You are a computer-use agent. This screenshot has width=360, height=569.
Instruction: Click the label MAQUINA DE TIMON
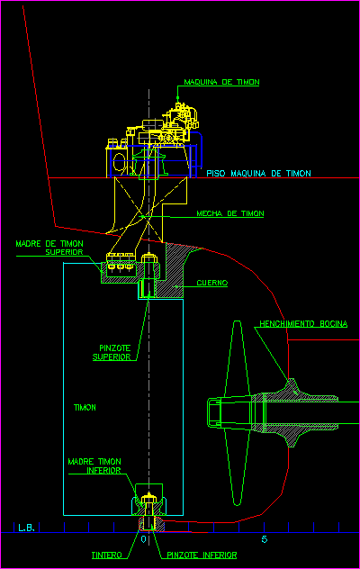click(221, 82)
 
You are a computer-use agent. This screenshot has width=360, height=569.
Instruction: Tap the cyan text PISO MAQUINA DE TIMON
click(259, 174)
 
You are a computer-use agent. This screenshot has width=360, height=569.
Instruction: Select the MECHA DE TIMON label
click(230, 213)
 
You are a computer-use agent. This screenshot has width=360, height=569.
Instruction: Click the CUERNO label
click(211, 283)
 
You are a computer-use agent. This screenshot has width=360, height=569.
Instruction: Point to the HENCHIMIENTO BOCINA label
click(303, 324)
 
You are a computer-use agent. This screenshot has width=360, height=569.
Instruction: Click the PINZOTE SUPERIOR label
click(112, 352)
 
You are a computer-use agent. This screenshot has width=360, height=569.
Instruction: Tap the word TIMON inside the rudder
click(85, 408)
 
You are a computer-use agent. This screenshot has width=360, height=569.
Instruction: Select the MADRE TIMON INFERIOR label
click(94, 466)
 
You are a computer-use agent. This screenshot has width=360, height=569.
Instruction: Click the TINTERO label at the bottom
click(107, 555)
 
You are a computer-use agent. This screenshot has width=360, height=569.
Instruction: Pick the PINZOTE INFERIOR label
click(202, 555)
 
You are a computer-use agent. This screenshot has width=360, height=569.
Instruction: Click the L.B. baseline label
click(26, 528)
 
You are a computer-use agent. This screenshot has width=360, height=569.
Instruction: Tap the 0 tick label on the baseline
click(143, 539)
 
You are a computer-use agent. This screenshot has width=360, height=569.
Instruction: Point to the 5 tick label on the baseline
click(265, 539)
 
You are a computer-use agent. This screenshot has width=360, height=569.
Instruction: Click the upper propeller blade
click(237, 357)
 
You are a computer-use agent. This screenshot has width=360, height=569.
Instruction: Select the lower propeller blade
click(237, 468)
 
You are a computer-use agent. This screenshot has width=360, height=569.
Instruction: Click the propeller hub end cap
click(214, 412)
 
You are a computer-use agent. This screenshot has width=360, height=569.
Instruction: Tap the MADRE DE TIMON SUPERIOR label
click(49, 248)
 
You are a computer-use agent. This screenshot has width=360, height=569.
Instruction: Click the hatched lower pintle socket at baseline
click(152, 524)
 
